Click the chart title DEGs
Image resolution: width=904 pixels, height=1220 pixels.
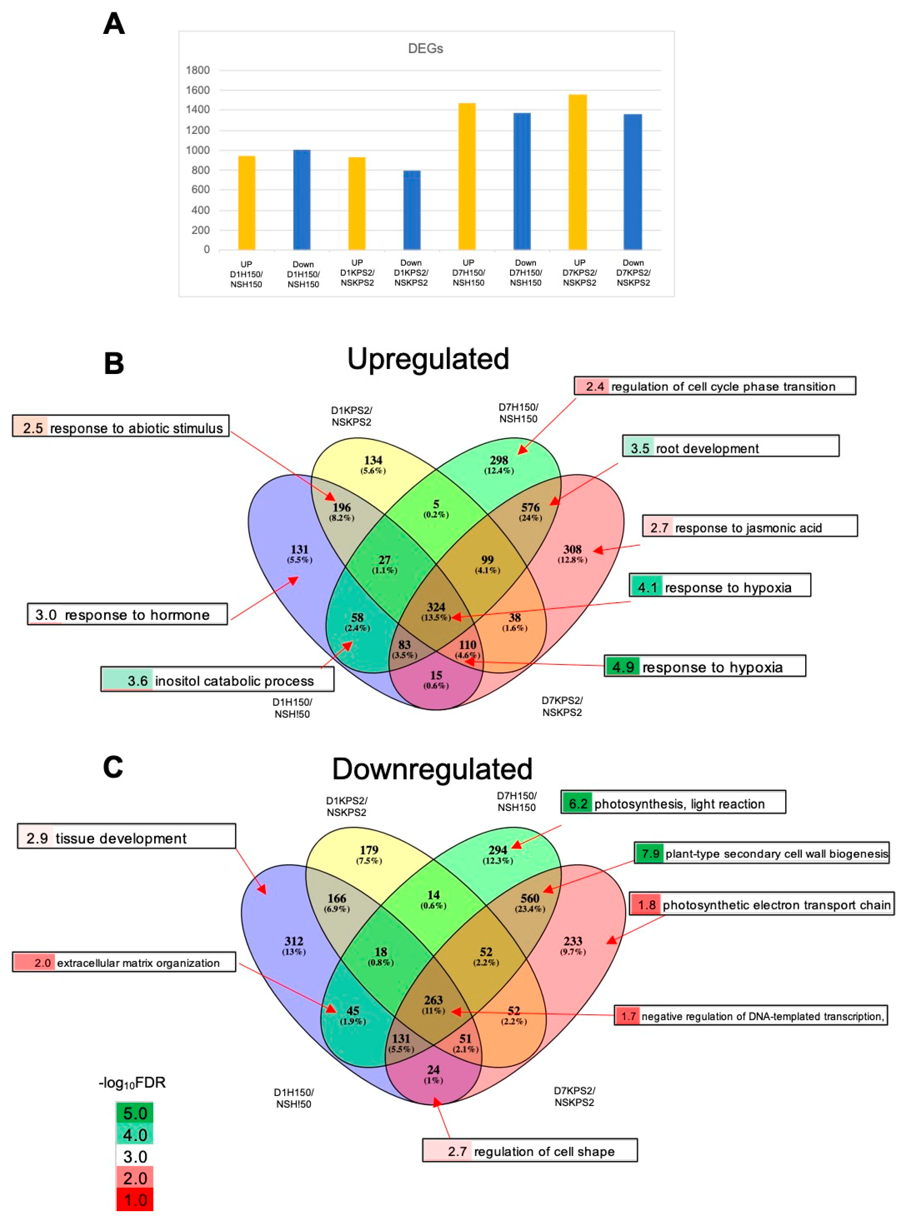tap(425, 49)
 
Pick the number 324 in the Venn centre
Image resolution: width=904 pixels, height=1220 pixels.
tap(436, 607)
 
